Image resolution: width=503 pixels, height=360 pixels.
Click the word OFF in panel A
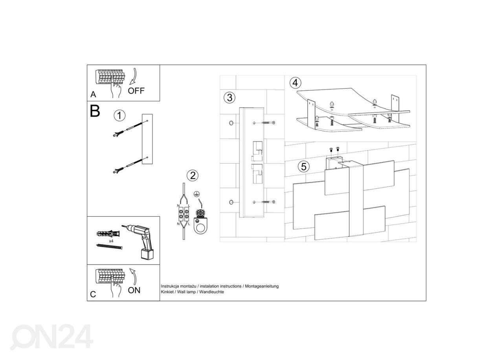coord(136,91)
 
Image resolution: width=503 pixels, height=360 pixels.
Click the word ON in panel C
coord(134,290)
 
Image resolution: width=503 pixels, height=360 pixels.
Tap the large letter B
coord(95,111)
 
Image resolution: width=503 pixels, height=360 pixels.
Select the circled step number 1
coord(119,116)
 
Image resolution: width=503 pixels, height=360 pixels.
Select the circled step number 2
coord(193,175)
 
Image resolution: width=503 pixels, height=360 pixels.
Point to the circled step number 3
coord(229,98)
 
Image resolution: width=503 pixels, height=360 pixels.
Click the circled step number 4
coord(295,83)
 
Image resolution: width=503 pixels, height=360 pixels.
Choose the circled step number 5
coord(304,167)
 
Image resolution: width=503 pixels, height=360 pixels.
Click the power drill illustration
coord(139,242)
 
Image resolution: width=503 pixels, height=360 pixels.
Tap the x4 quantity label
coord(111,241)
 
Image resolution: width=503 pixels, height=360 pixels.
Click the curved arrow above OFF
coord(133,76)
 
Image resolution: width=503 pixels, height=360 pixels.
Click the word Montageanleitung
coord(262,287)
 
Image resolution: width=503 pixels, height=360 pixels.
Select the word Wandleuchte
coord(211,292)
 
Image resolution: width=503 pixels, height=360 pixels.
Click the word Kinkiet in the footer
coord(167,292)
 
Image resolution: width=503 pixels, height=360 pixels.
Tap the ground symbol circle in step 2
coord(196,194)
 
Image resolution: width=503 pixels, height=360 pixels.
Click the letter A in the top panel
coord(93,95)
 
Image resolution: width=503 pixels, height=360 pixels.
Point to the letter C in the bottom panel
coord(93,294)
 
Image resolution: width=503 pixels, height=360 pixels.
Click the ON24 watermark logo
coord(52,337)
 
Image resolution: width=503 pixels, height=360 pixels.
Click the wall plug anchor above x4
coord(108,233)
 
